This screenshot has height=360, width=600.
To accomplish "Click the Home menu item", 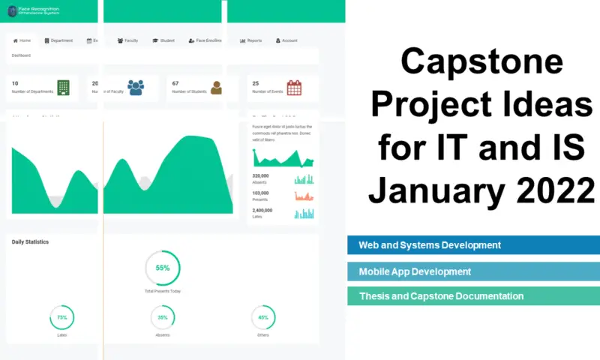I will (22, 40).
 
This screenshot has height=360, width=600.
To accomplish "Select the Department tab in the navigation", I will (58, 40).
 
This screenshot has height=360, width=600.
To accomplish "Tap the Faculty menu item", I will (128, 40).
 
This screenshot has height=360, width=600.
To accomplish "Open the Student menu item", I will (163, 40).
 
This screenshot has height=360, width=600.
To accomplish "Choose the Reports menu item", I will (251, 40).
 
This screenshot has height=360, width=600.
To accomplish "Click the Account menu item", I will (286, 40).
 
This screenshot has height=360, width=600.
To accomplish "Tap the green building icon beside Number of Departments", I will (64, 88).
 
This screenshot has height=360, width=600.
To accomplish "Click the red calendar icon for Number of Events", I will (294, 88).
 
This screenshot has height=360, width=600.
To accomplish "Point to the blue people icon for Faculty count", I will (136, 88).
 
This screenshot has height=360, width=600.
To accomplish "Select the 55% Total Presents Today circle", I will (163, 268).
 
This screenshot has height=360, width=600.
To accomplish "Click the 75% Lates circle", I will (62, 317).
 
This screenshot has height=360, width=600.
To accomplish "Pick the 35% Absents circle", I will (163, 317).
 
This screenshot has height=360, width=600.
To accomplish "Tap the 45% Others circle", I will (263, 317).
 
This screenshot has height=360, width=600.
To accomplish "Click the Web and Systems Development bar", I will (473, 245).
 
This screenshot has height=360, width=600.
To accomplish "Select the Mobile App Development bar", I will (473, 271).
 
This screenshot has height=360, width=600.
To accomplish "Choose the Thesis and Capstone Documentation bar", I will (473, 296).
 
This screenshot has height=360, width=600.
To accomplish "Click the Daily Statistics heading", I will (30, 241).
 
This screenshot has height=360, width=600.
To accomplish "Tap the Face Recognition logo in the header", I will (34, 11).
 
